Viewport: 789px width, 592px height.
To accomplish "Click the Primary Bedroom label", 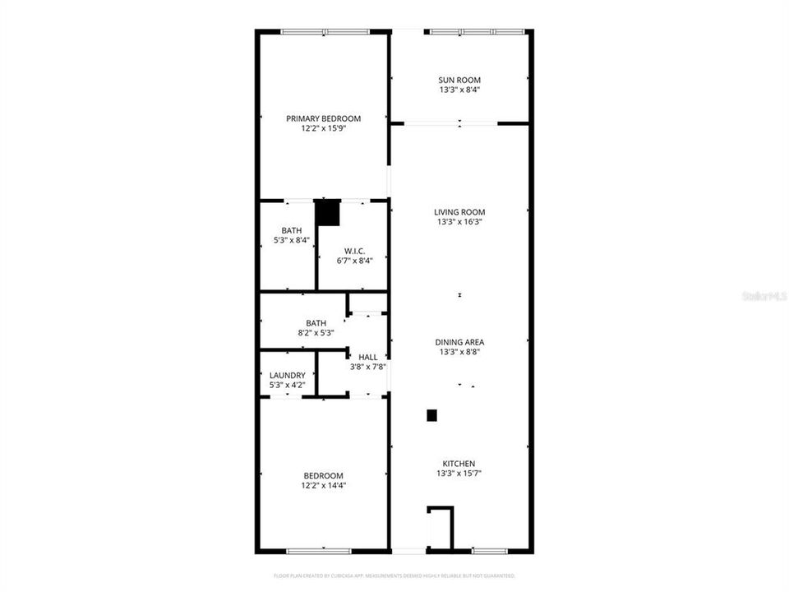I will coord(323,118).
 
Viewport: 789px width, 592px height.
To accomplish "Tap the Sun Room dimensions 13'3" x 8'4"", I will coord(459,90).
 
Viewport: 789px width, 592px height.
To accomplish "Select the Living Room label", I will coord(459,211).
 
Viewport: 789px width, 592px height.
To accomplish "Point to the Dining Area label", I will coord(459,342).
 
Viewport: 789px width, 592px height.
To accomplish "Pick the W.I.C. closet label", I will coord(354,251).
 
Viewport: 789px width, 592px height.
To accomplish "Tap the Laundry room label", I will coord(287,375).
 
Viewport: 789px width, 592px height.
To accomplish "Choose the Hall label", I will coord(367,357).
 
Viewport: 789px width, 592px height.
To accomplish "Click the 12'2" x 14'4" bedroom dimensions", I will coord(323,486).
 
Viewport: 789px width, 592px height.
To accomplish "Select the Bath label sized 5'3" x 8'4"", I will coord(291,230).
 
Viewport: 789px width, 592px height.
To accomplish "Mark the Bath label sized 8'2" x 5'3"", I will coord(316,323).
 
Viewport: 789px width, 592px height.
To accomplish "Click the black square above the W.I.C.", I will coord(328,212).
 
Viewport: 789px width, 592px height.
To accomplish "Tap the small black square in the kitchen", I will coord(431,416).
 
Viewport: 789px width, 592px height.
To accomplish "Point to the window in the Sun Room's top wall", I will coord(476,32).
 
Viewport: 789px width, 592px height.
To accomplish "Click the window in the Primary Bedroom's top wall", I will coord(324,32).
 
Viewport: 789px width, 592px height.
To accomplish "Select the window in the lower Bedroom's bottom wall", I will coord(324,549).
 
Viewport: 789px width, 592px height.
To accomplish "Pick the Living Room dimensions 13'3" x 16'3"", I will coord(459,221).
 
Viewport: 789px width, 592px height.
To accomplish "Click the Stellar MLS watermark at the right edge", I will coord(764,294).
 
